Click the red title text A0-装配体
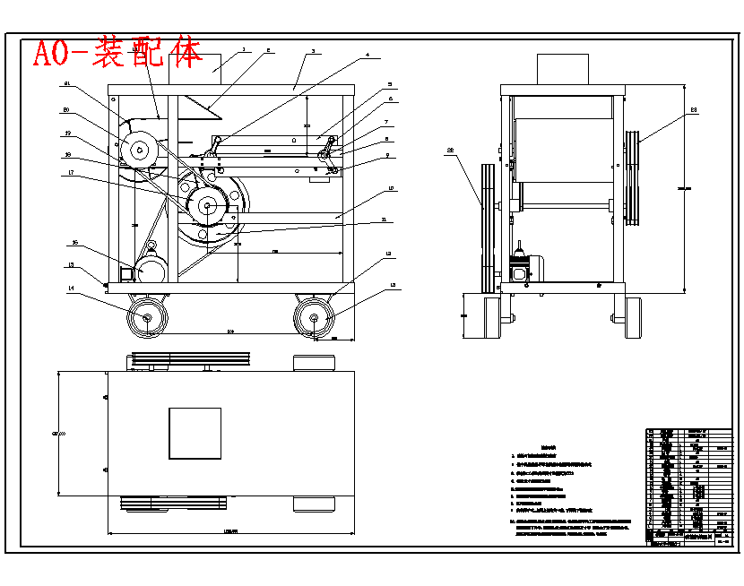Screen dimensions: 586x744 117,53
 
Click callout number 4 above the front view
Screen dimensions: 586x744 367,56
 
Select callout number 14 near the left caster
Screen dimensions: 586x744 70,288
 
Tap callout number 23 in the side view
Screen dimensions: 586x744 693,110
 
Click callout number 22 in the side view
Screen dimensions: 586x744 451,150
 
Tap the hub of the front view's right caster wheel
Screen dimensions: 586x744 315,316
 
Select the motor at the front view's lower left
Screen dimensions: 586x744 151,270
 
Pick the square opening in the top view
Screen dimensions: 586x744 195,433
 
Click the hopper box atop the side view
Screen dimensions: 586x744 562,69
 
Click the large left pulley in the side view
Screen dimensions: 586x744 489,228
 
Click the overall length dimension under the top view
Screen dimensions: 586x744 230,531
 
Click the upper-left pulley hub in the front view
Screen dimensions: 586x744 139,150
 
